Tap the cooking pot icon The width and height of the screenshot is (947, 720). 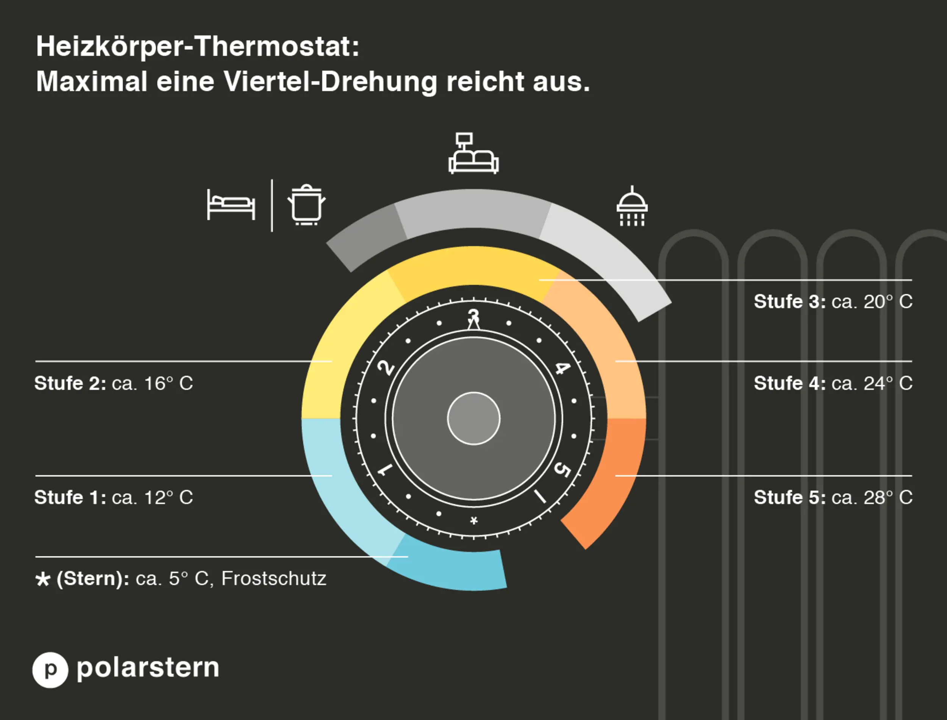click(x=306, y=205)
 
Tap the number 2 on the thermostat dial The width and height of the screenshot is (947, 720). click(x=386, y=368)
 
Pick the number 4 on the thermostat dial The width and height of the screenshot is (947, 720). click(x=562, y=368)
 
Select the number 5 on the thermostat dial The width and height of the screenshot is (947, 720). click(x=562, y=470)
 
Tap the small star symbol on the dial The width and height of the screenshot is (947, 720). click(x=474, y=521)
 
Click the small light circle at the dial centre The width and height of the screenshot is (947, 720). click(x=474, y=418)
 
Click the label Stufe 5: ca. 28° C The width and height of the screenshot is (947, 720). click(x=833, y=498)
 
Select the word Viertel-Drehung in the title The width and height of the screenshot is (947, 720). click(x=330, y=81)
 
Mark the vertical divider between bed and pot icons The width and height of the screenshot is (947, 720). click(x=272, y=205)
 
